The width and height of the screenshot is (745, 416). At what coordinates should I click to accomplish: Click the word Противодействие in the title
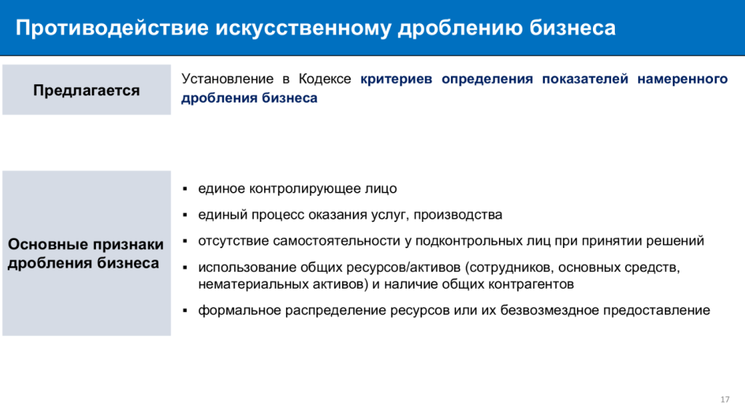pyautogui.click(x=112, y=28)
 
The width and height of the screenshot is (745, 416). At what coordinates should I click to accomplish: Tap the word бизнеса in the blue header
pyautogui.click(x=573, y=28)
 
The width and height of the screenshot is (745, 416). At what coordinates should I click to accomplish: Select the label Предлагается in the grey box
pyautogui.click(x=87, y=90)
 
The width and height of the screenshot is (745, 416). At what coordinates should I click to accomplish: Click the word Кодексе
pyautogui.click(x=324, y=79)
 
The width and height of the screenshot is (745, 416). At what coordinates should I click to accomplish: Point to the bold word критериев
pyautogui.click(x=397, y=79)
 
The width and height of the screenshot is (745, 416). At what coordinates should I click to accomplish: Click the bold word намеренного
pyautogui.click(x=682, y=79)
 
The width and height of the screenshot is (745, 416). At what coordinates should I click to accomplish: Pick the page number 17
pyautogui.click(x=725, y=399)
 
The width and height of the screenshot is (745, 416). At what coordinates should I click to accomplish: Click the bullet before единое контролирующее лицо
pyautogui.click(x=186, y=189)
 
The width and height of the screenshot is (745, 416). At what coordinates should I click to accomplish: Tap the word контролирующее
pyautogui.click(x=306, y=189)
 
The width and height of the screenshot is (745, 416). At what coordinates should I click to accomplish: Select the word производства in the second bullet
pyautogui.click(x=458, y=215)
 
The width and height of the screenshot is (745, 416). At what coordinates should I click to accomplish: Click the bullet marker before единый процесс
pyautogui.click(x=186, y=215)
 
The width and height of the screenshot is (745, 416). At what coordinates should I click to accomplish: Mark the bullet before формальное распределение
pyautogui.click(x=186, y=311)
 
